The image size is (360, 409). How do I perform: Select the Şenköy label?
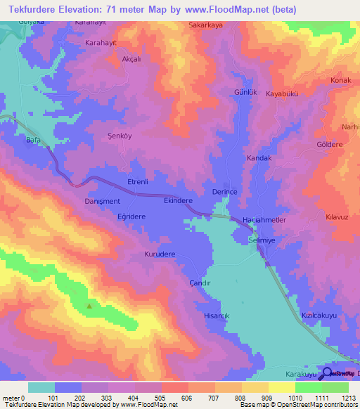119,136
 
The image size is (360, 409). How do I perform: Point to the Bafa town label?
32,141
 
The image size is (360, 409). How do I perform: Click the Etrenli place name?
137,182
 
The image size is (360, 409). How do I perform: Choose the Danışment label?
102,201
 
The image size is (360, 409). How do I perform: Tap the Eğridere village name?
131,217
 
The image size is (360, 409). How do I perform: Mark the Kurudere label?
160,254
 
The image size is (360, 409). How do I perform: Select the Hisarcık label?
217,316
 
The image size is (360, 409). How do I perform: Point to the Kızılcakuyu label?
321,316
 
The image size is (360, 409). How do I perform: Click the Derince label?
225,192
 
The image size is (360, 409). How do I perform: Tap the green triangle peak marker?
89,306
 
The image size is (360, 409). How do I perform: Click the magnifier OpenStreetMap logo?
326,373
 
